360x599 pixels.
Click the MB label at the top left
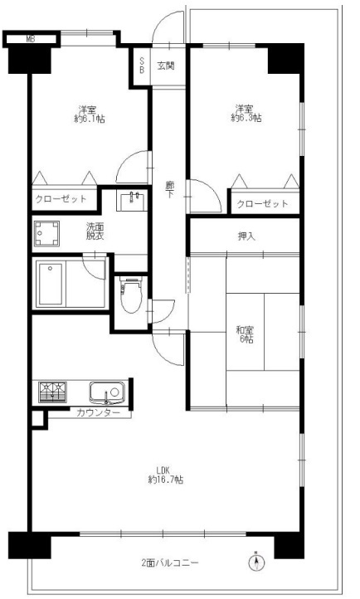31,39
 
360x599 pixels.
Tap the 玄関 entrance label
166,66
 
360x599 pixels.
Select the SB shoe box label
142,66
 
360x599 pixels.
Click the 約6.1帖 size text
90,119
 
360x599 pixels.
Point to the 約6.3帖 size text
246,118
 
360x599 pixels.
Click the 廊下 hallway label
169,190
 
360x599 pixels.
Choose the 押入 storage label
246,236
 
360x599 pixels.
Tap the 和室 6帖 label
245,334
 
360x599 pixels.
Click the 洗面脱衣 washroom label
95,231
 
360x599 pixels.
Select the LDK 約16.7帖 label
165,475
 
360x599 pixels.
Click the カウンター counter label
98,412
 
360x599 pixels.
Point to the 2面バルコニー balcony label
170,563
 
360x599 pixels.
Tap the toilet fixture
131,295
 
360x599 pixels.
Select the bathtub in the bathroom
51,284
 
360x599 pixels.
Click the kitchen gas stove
52,392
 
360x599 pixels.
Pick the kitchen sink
107,392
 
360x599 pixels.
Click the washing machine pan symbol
47,233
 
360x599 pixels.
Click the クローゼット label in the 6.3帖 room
262,203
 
